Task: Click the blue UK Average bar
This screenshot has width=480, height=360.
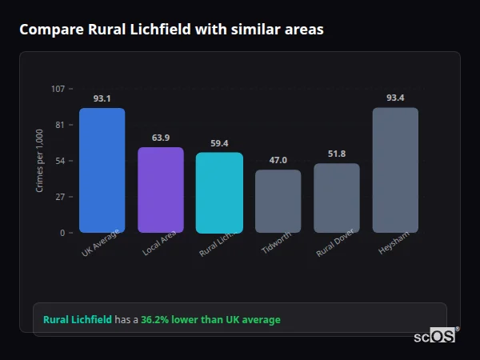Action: click(x=102, y=170)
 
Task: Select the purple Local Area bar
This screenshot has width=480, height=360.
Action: click(x=161, y=190)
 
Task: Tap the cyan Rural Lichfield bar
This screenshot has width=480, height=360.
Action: click(x=219, y=193)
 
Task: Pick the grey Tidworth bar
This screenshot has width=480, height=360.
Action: click(x=278, y=202)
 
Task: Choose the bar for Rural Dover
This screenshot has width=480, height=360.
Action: click(x=337, y=198)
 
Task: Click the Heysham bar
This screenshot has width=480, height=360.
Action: click(x=395, y=170)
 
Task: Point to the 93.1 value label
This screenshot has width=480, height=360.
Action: click(x=102, y=98)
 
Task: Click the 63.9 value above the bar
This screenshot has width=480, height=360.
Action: click(x=161, y=138)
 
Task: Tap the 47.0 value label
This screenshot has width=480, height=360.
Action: click(x=278, y=160)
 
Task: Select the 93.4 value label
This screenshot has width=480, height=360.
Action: click(x=395, y=98)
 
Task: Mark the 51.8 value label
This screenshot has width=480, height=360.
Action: click(x=337, y=154)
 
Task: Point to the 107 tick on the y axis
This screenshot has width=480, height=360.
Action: click(x=58, y=89)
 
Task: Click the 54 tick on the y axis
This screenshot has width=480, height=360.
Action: click(x=60, y=161)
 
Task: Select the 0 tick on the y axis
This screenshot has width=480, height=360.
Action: click(x=62, y=233)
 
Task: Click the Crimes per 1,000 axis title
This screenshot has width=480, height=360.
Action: click(x=40, y=161)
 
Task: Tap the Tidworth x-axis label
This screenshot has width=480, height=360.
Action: click(x=276, y=244)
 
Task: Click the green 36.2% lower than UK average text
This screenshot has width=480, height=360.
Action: click(x=210, y=320)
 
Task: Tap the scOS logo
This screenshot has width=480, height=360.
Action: click(x=435, y=336)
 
